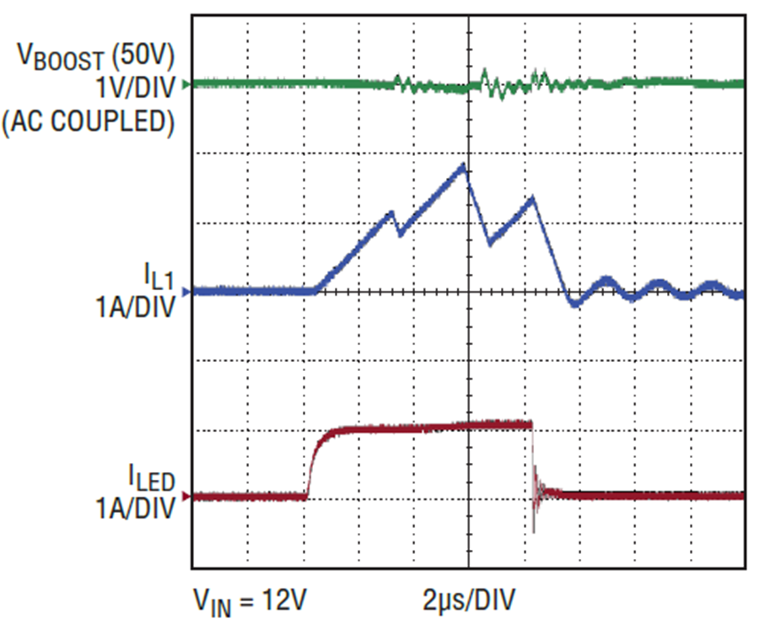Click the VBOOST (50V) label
pyautogui.click(x=95, y=57)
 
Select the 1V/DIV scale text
pyautogui.click(x=135, y=88)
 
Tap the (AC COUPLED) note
pyautogui.click(x=88, y=121)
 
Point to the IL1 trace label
pyautogui.click(x=159, y=277)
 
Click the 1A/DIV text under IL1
pyautogui.click(x=135, y=307)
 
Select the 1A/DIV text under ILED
pyautogui.click(x=135, y=509)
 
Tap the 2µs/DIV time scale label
pyautogui.click(x=469, y=600)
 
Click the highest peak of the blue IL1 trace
pyautogui.click(x=463, y=165)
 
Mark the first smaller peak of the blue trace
pyautogui.click(x=391, y=213)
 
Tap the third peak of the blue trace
pyautogui.click(x=533, y=197)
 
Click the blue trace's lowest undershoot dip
pyautogui.click(x=574, y=304)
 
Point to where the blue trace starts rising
pyautogui.click(x=315, y=291)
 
